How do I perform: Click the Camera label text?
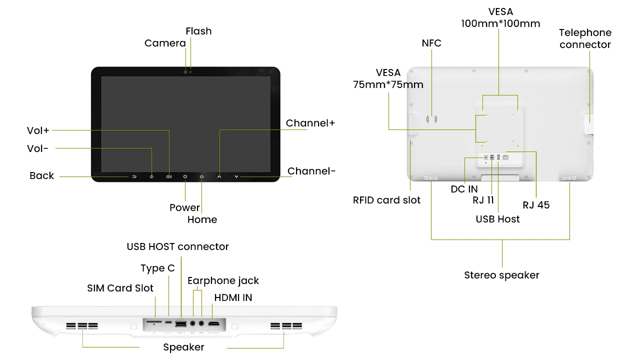coord(165,43)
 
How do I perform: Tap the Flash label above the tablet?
coord(198,31)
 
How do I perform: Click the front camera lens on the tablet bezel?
coord(185,72)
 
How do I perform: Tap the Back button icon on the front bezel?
coord(134,176)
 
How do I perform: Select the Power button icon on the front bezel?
coord(185,176)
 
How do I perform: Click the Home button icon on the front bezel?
coord(202,176)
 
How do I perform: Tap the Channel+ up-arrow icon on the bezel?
coord(219,176)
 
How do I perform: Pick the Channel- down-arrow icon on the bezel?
coord(236,176)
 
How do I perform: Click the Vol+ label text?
coord(38,131)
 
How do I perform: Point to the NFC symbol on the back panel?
coord(431,119)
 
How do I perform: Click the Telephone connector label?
coord(585,39)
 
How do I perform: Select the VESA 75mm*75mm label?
coord(388,79)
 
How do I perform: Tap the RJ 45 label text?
coord(536,205)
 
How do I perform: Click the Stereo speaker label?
coord(501,275)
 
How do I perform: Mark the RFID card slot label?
coord(386,200)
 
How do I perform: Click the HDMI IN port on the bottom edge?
coord(214,324)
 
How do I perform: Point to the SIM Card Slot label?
coord(120,288)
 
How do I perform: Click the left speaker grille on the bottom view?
coord(82,326)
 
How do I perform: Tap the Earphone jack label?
coord(223,281)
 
